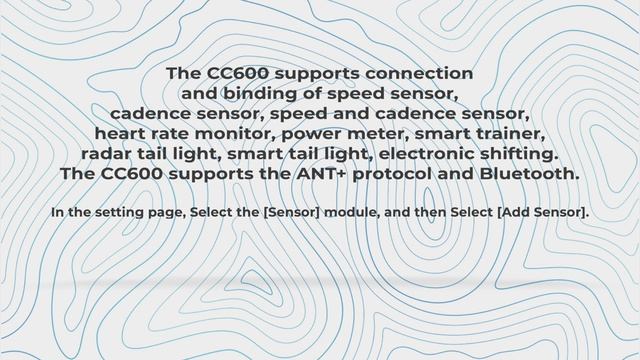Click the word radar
109,154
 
